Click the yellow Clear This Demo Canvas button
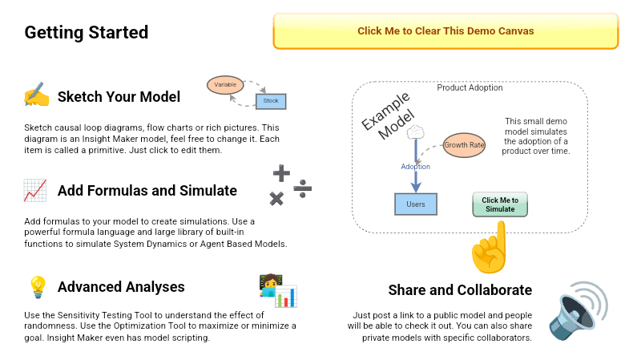(445, 31)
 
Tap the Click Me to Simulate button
(500, 204)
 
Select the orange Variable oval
(225, 84)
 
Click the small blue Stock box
(271, 101)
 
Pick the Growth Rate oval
(465, 145)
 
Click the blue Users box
(416, 204)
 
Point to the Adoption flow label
(416, 167)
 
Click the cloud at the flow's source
(415, 131)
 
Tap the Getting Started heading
(87, 33)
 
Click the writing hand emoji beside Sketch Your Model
(36, 96)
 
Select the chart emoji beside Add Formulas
(35, 191)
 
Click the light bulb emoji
(37, 286)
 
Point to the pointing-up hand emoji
(490, 248)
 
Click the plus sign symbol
(281, 172)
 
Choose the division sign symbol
(302, 188)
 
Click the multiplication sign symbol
(277, 198)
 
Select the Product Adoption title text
(470, 87)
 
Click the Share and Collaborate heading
(460, 289)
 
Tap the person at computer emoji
(277, 290)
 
